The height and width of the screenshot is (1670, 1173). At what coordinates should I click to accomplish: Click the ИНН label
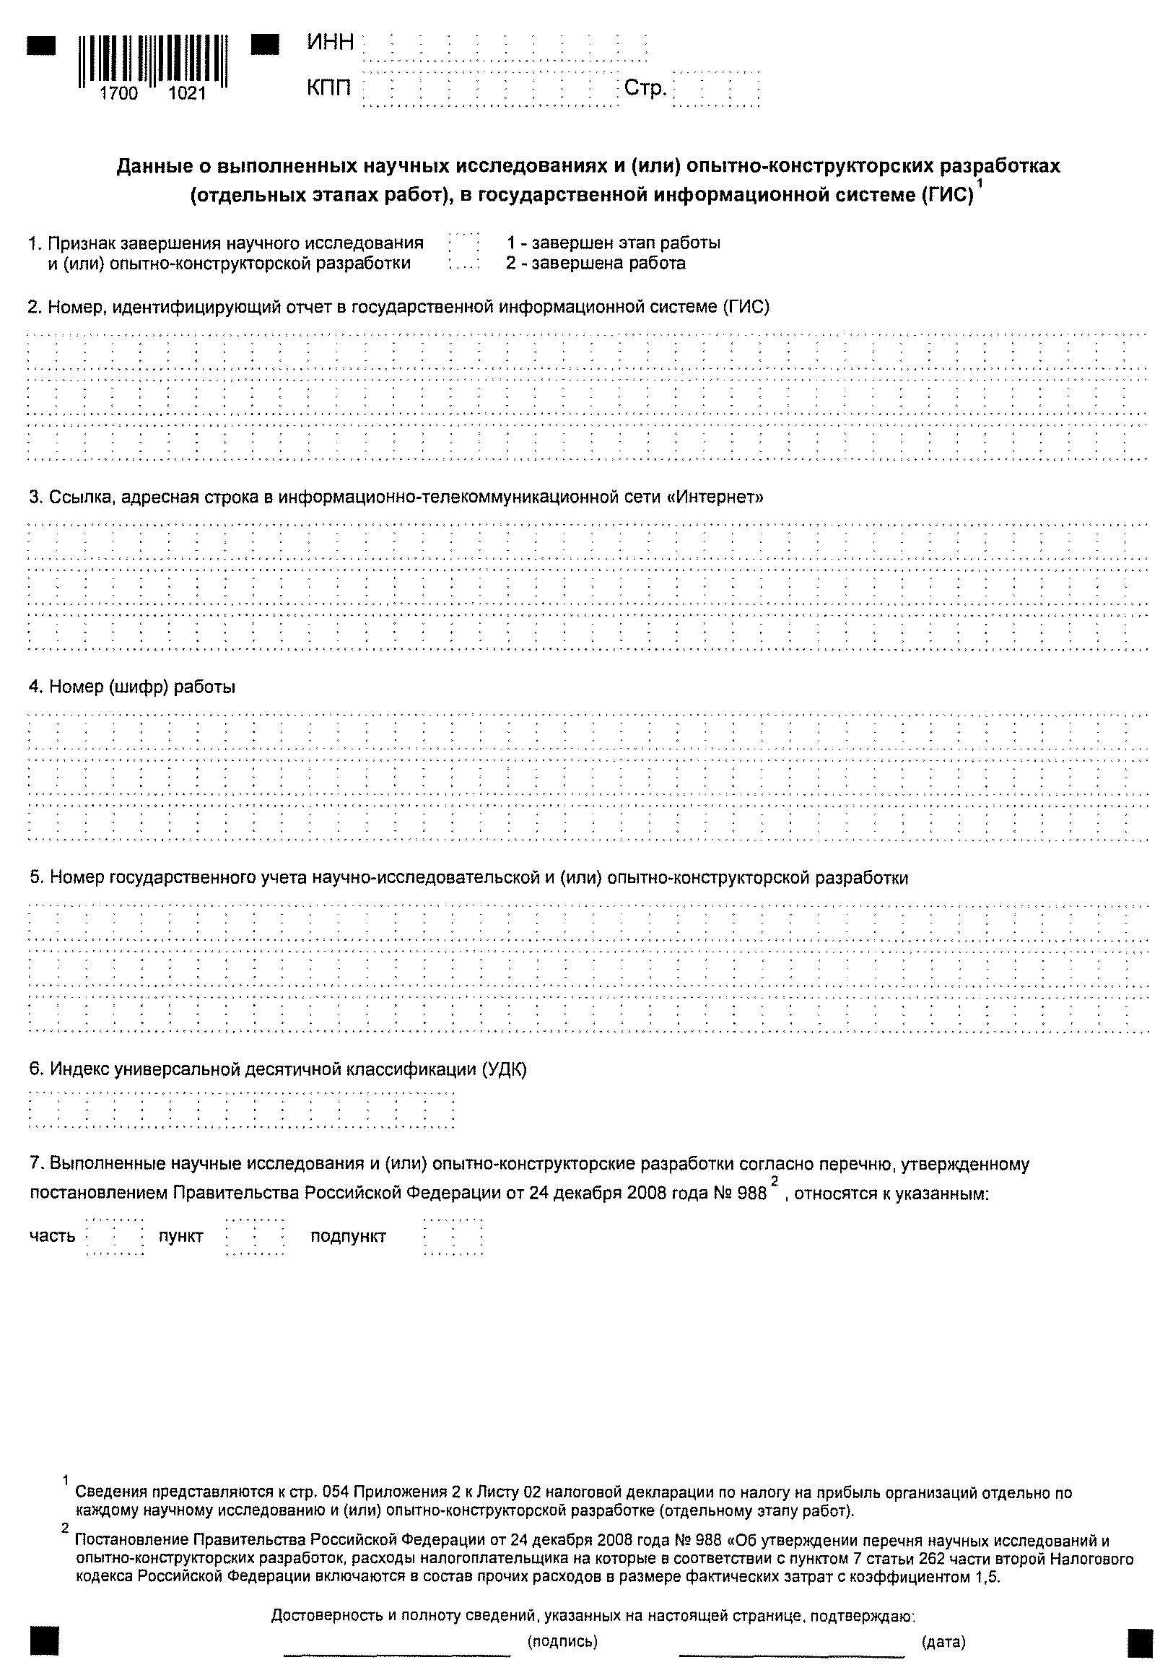click(x=330, y=43)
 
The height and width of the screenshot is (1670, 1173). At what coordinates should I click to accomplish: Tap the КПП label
click(x=328, y=89)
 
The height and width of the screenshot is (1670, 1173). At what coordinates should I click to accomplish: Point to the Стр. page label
click(x=645, y=89)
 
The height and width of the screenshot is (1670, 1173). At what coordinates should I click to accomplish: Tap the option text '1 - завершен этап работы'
click(x=614, y=242)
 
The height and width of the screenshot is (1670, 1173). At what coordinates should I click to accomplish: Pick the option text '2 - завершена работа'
click(x=596, y=263)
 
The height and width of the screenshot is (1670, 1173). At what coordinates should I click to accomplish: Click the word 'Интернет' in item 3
click(x=715, y=497)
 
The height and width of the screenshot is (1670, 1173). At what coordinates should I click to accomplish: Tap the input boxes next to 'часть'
click(x=115, y=1236)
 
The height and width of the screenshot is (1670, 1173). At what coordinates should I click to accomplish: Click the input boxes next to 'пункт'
click(x=255, y=1236)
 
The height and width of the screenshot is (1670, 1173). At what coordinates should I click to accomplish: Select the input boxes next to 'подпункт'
click(x=453, y=1236)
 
